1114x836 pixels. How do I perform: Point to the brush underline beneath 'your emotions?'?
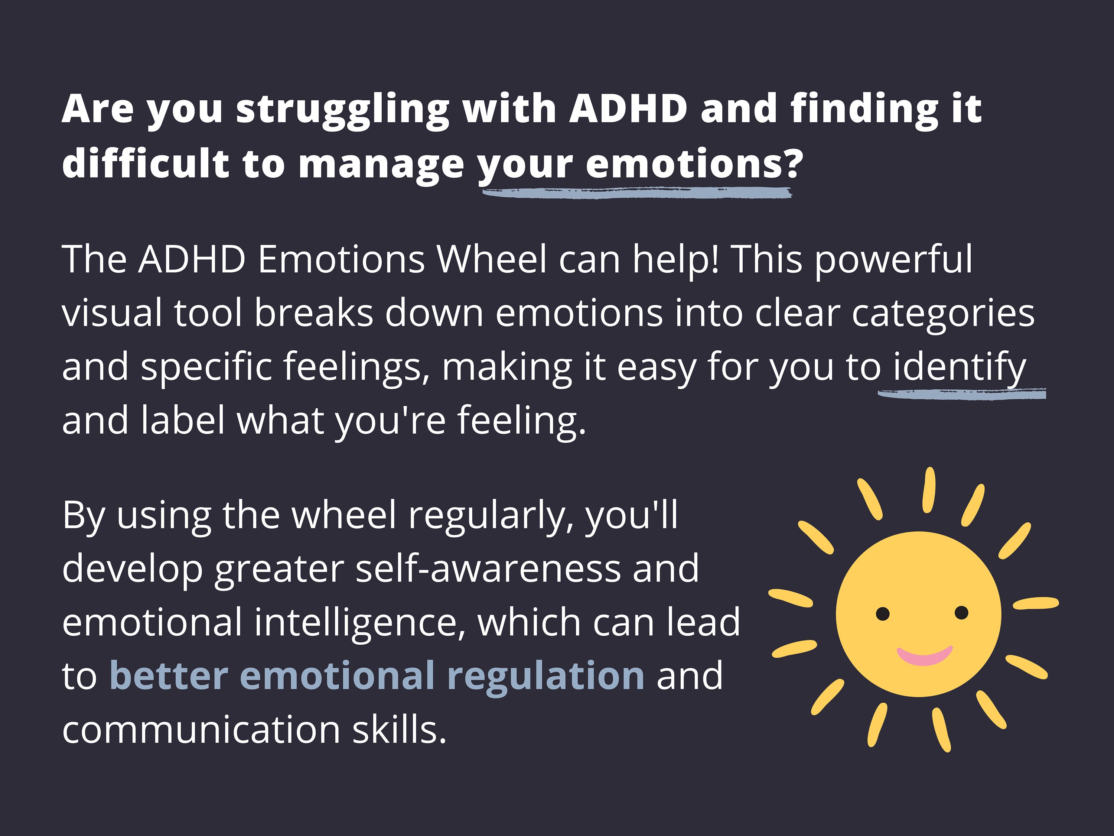click(637, 192)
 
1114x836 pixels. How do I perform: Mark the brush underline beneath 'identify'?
click(962, 393)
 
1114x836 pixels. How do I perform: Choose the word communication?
click(201, 730)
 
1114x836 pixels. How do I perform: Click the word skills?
click(399, 730)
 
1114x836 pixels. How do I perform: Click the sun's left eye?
click(883, 614)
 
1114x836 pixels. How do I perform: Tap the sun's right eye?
click(961, 613)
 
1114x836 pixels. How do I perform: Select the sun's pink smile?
click(924, 656)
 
